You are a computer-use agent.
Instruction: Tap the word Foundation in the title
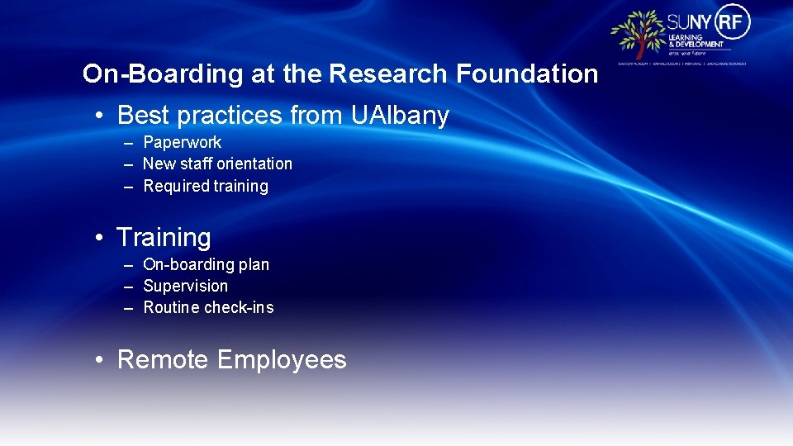(x=527, y=74)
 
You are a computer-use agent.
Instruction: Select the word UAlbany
(x=400, y=116)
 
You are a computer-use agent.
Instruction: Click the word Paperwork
(x=182, y=143)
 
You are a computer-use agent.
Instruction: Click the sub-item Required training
(x=206, y=187)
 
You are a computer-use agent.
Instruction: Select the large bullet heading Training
(x=164, y=238)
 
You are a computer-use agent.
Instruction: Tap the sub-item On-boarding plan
(x=206, y=265)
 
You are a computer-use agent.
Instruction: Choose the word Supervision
(x=185, y=287)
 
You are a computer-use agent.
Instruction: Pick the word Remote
(x=164, y=360)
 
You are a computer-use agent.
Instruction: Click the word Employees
(x=282, y=360)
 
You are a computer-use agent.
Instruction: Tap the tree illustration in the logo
(x=638, y=34)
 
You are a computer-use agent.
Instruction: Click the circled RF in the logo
(x=734, y=21)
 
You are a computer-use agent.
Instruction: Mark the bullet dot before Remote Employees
(x=98, y=360)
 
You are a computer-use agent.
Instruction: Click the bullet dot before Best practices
(x=98, y=116)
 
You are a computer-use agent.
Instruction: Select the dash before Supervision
(x=129, y=287)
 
